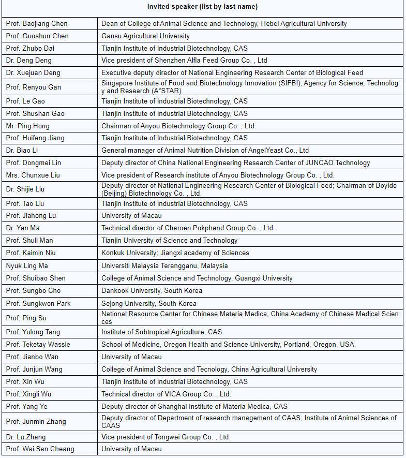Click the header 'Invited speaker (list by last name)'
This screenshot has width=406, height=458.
coord(202,7)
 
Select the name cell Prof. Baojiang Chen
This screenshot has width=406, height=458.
coord(37,23)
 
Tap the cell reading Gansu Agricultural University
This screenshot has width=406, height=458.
coord(145,36)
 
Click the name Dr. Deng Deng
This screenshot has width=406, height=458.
coord(29,61)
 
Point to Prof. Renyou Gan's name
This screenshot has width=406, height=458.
coord(34,87)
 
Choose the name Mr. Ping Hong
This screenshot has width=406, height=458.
coord(28,126)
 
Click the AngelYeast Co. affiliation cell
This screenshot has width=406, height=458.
coord(205,150)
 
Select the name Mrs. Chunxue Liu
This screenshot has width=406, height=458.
coord(33,175)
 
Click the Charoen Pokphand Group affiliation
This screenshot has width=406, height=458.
coord(188,228)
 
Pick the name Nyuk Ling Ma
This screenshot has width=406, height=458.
coord(27,265)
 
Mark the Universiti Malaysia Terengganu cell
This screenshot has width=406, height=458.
coord(164,265)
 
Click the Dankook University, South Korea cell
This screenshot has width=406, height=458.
coord(152,291)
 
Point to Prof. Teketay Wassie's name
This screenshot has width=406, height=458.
coord(38,344)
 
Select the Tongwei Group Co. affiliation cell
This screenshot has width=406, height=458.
coord(166,437)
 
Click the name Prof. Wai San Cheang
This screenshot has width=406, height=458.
coord(40,449)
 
